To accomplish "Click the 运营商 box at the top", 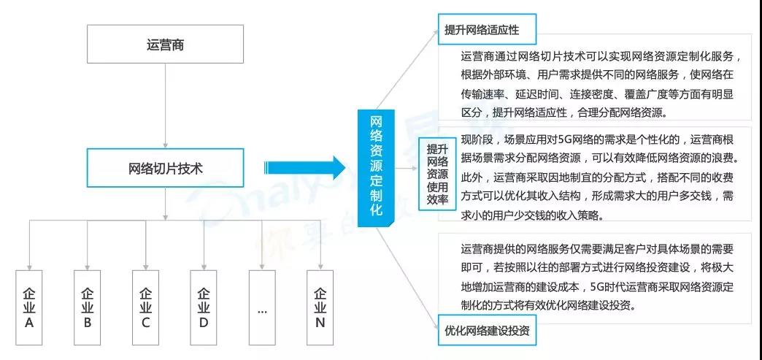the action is coord(165,45).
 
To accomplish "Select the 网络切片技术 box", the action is coord(165,168).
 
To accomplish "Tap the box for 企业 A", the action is coord(28,307).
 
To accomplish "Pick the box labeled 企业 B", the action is coord(87,307).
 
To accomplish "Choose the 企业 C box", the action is coord(145,307).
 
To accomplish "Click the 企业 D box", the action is coord(204,307).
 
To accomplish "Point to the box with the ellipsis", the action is coord(262,307).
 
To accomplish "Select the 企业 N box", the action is coord(320,307).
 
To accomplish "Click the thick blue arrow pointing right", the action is coord(304,168).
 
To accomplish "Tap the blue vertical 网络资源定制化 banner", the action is coord(376,168).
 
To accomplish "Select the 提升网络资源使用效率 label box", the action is coord(437,174).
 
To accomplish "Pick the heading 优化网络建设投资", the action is coord(487,331).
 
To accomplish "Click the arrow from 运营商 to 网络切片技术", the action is coord(165,106).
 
